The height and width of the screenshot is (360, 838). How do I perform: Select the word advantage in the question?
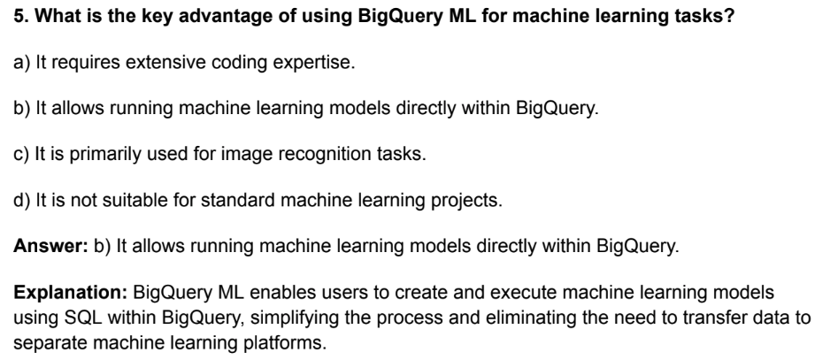pyautogui.click(x=226, y=17)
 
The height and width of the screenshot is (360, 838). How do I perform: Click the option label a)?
pyautogui.click(x=22, y=63)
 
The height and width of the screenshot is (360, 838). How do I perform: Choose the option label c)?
pyautogui.click(x=21, y=155)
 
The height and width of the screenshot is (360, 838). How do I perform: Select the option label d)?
pyautogui.click(x=22, y=200)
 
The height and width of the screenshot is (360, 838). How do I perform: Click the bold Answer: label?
pyautogui.click(x=50, y=246)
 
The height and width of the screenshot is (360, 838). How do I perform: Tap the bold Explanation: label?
pyautogui.click(x=71, y=293)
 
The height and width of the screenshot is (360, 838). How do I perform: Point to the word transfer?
pyautogui.click(x=713, y=318)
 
